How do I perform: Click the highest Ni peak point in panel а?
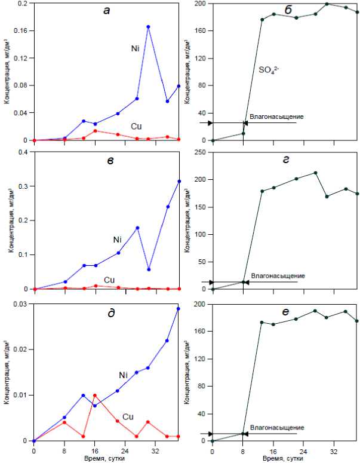tap(148, 26)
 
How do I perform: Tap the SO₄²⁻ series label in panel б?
tap(269, 70)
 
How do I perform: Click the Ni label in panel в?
tap(118, 239)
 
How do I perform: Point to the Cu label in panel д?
tap(128, 416)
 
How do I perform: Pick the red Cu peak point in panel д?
tap(94, 395)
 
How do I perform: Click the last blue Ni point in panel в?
tap(179, 181)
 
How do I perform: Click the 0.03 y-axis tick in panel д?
tap(21, 304)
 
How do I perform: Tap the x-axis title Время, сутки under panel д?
tap(106, 458)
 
